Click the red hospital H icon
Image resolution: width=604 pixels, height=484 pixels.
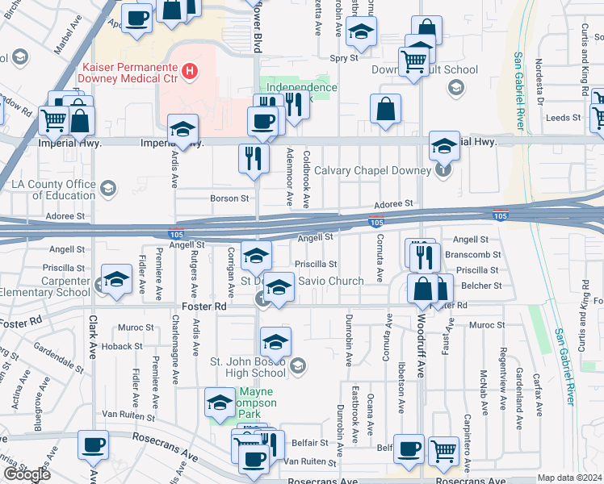click(x=190, y=72)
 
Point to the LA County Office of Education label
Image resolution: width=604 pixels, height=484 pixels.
click(x=53, y=190)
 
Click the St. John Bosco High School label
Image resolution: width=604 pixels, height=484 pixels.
click(x=247, y=367)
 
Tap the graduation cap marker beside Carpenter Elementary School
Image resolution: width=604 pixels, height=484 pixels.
click(x=117, y=280)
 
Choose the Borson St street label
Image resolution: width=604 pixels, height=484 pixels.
click(x=229, y=198)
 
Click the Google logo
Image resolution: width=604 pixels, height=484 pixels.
click(x=27, y=474)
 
